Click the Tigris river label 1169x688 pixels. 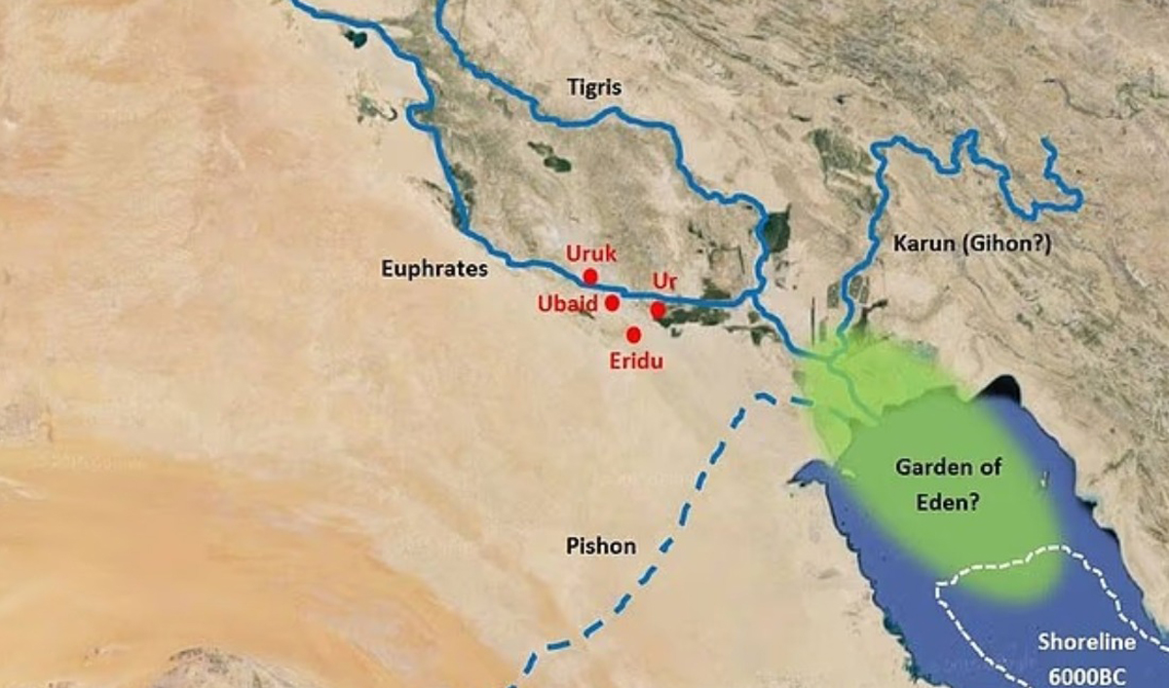[x=594, y=89]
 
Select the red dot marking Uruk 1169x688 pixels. [x=590, y=276]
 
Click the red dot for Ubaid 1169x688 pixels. [x=612, y=303]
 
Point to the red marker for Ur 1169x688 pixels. [x=659, y=310]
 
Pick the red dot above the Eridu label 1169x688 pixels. [x=634, y=334]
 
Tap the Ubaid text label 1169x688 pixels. [x=567, y=303]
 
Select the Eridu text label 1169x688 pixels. [x=636, y=362]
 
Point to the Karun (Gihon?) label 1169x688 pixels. [x=972, y=245]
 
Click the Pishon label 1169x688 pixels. [x=600, y=546]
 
